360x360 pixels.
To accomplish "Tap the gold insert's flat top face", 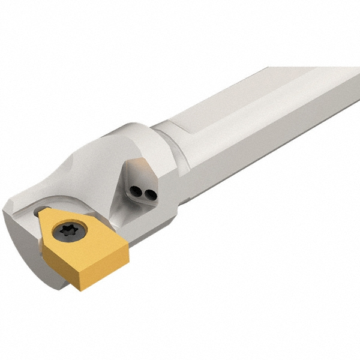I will pyautogui.click(x=90, y=243).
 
